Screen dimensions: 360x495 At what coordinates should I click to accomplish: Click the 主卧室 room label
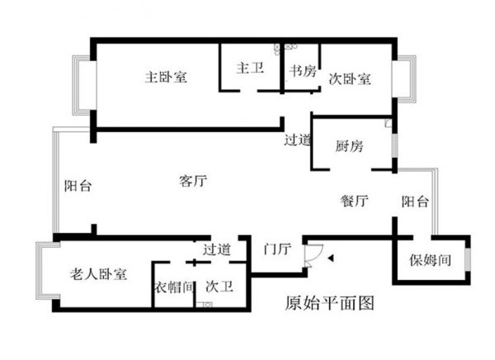166,78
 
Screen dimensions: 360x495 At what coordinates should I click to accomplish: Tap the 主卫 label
248,69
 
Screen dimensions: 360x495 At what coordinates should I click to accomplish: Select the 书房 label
303,71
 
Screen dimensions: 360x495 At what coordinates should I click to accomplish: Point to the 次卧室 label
350,80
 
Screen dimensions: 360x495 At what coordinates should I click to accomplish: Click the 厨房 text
349,146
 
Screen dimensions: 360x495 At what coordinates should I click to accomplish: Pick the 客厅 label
192,182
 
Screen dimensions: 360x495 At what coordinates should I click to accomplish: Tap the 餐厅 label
353,201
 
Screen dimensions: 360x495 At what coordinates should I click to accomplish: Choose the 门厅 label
275,249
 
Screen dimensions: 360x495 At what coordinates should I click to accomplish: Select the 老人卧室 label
97,274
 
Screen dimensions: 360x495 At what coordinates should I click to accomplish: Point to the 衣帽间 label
173,287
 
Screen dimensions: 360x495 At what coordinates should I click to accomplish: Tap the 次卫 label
218,287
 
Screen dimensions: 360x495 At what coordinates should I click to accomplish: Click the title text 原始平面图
328,303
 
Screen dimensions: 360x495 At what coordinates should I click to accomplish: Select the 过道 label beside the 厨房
297,140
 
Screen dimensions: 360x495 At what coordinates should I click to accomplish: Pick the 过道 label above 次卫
217,249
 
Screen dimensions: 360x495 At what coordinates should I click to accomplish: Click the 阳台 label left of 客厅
78,187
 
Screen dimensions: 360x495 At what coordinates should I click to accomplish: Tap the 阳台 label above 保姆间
415,201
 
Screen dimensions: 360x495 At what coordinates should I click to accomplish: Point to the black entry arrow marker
330,258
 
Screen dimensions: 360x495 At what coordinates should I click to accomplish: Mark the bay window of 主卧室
80,85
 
